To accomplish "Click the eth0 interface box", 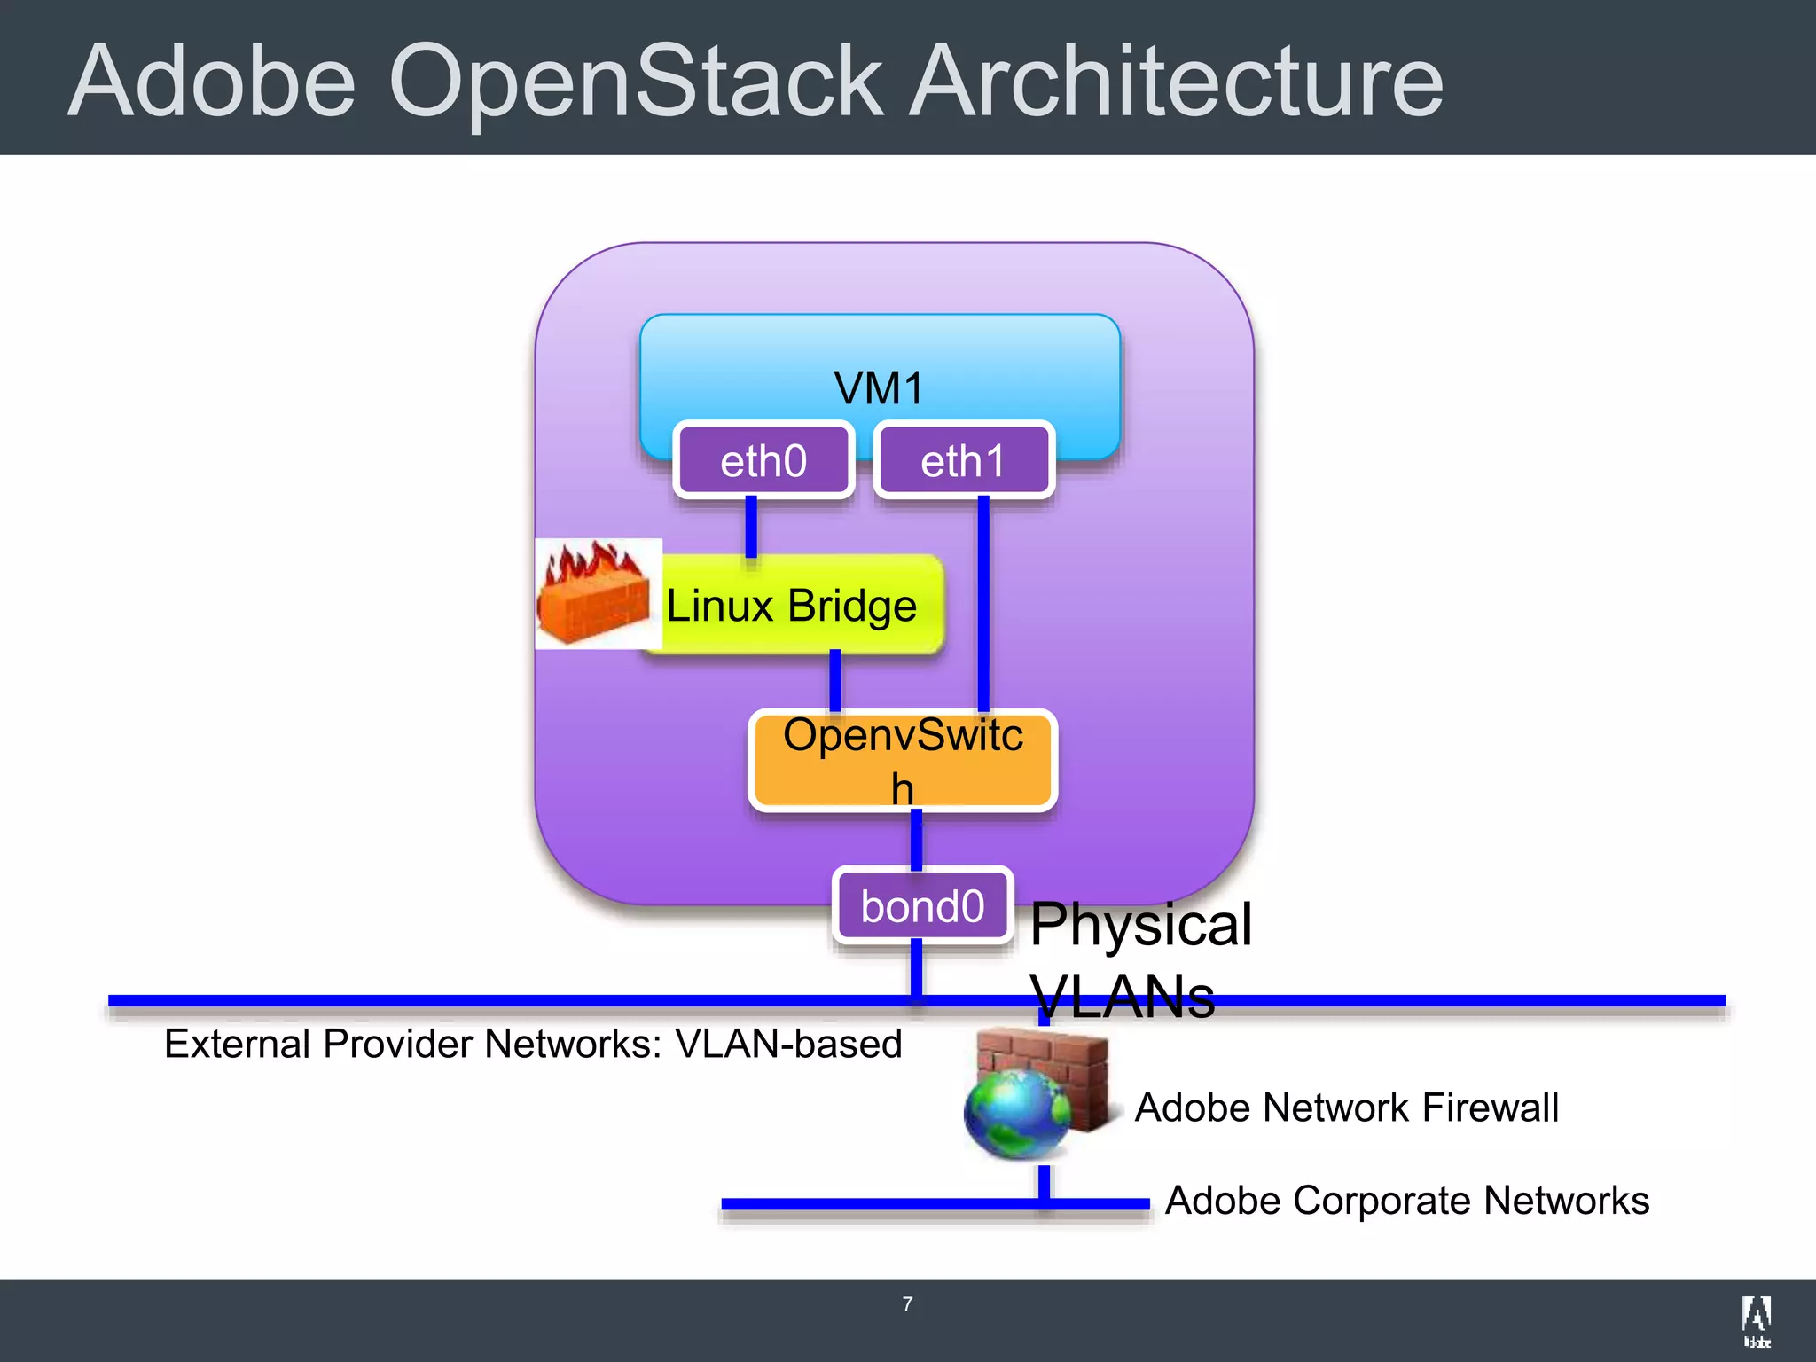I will pos(763,460).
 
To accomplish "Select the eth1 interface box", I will pos(964,460).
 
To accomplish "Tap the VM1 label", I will pos(879,387).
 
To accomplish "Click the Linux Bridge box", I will pos(792,606).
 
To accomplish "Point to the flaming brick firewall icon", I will pos(596,592).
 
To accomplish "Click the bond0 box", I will pos(922,905).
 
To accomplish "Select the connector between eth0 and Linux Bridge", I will pos(751,527).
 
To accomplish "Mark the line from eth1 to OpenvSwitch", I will pos(983,603).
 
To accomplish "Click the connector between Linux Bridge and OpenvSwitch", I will pos(834,680).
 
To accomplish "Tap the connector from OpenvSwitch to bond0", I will pos(916,839).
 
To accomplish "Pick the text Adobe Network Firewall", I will pos(1346,1108).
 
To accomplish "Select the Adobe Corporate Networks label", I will pos(1406,1200).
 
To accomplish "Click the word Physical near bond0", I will pos(1141,924).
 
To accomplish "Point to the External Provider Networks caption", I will pos(533,1044).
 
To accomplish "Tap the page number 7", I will pos(907,1303).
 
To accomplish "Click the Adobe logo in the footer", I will pos(1757,1320).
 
